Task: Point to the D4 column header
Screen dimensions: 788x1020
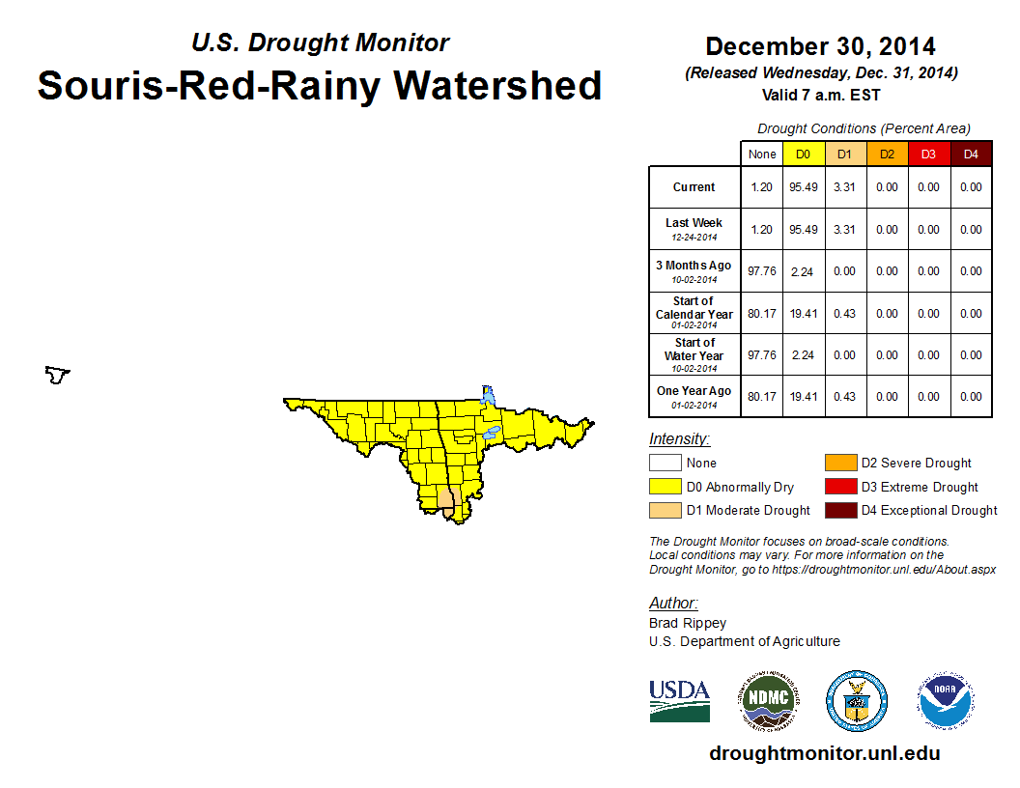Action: pos(971,154)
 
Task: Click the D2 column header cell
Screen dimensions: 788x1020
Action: pos(887,154)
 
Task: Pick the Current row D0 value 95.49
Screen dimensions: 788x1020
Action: pos(803,187)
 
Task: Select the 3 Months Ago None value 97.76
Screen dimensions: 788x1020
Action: pos(761,271)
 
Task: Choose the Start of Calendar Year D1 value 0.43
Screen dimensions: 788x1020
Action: pos(844,313)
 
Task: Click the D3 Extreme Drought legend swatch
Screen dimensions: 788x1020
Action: pos(838,487)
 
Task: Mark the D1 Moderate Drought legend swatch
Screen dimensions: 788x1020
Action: pos(665,510)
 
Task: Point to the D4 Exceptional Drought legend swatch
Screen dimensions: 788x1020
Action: pos(838,510)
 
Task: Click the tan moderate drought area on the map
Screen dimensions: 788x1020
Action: pos(447,499)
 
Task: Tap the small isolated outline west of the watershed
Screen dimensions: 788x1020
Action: pos(58,374)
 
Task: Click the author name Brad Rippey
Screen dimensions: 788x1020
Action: pos(688,623)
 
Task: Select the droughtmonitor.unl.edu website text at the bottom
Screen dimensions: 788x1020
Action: pos(824,753)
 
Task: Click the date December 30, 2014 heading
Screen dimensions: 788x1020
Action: pos(820,46)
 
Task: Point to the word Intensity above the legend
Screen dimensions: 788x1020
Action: pos(679,439)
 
